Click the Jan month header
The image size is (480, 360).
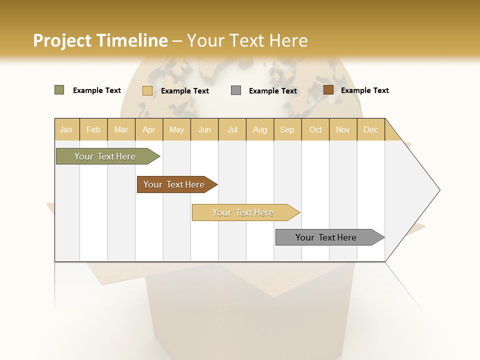pos(66,129)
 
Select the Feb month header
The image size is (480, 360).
pos(93,129)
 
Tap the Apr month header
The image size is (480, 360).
pos(149,129)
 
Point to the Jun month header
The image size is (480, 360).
pos(204,129)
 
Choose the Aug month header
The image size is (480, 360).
pos(260,129)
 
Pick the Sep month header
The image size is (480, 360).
pos(287,129)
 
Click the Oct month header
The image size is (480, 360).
pos(315,129)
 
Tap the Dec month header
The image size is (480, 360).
pos(371,129)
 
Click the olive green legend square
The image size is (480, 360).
pos(59,90)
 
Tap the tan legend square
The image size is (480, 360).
pos(147,90)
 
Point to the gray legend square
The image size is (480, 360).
pos(236,90)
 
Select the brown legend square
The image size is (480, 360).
pos(328,90)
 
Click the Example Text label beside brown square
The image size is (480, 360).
pos(364,90)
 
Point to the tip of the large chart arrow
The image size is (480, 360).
pos(439,190)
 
